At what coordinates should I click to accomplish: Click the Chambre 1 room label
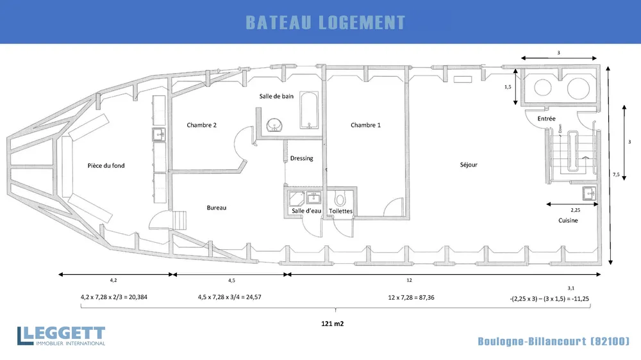tap(365, 125)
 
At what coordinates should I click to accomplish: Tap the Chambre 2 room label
tap(201, 125)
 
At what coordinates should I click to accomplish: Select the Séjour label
tap(469, 165)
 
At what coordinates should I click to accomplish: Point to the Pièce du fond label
tap(106, 165)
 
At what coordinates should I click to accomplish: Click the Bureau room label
tap(216, 208)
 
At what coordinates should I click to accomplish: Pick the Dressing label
tap(302, 158)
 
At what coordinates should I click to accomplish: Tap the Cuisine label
tap(568, 220)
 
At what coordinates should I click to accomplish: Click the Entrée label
tap(547, 119)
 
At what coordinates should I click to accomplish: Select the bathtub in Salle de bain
tap(309, 110)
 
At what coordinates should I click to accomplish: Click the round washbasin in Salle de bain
tap(274, 125)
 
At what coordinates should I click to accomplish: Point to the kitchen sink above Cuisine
tap(589, 193)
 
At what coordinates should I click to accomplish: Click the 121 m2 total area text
tap(332, 323)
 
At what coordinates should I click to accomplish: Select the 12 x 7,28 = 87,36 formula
tap(412, 297)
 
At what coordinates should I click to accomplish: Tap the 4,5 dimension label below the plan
tap(232, 281)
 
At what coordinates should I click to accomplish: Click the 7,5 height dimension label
tap(616, 174)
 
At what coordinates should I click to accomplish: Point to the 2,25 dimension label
tap(575, 210)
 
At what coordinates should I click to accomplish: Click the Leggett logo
tap(62, 336)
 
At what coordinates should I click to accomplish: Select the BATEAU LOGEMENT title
tap(326, 22)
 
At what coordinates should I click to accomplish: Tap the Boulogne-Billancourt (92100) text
tap(554, 341)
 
